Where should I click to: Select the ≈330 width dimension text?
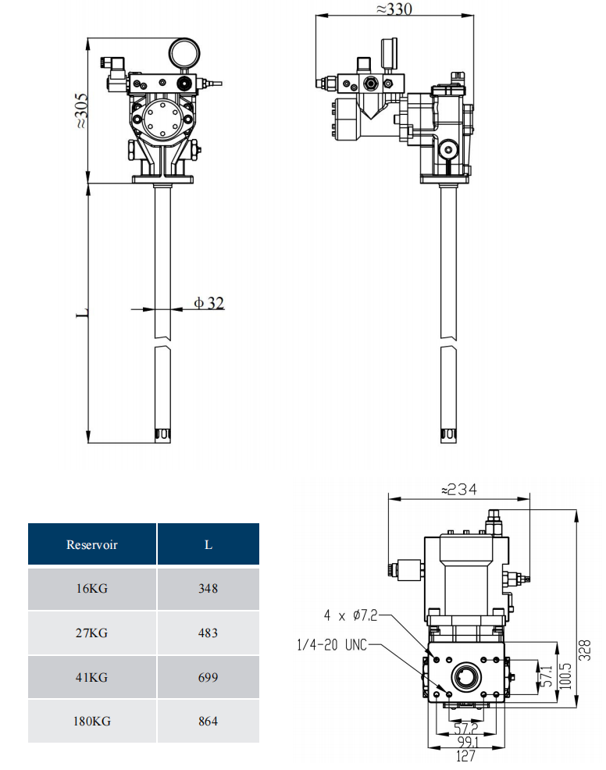pos(394,9)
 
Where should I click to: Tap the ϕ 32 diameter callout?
pos(209,302)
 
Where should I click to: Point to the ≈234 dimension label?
pos(458,490)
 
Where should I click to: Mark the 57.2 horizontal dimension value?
pos(465,729)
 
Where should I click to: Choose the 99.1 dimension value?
pos(466,742)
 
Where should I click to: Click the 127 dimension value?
pos(466,755)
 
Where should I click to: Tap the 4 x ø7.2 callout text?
pos(351,615)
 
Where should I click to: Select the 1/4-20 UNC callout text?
pos(331,645)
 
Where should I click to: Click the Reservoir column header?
pos(92,544)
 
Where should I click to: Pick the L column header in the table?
pos(208,544)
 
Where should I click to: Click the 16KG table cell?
pos(92,589)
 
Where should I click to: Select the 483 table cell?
pos(208,633)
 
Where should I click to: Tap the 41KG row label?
pos(92,677)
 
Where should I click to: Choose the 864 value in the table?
pos(208,721)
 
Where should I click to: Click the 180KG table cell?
pos(92,721)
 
